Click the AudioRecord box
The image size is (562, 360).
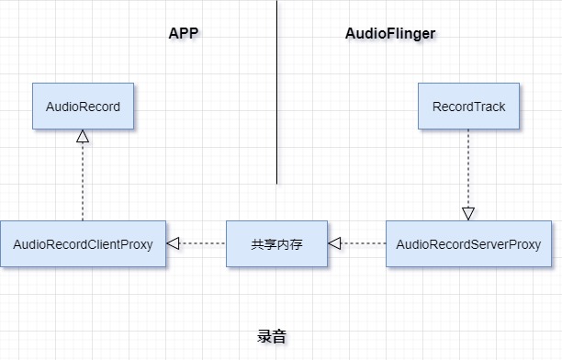[83, 107]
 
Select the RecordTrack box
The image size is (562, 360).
[468, 107]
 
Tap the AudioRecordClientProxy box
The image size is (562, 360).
[83, 244]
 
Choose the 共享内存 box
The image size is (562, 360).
[276, 244]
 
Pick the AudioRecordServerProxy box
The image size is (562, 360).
[467, 244]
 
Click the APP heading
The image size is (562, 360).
[184, 34]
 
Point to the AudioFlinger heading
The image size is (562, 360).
[390, 34]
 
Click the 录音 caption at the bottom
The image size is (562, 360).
[272, 337]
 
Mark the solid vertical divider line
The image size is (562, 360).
[277, 92]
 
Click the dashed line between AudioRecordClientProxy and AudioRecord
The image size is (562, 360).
[83, 184]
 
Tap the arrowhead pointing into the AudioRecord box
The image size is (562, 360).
[83, 137]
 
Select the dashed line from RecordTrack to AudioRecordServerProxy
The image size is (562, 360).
[468, 165]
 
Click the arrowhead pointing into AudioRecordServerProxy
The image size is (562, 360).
[468, 213]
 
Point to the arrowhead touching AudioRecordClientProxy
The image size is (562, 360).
[173, 244]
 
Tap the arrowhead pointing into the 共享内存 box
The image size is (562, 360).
[334, 244]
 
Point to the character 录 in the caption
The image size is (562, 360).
[264, 337]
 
